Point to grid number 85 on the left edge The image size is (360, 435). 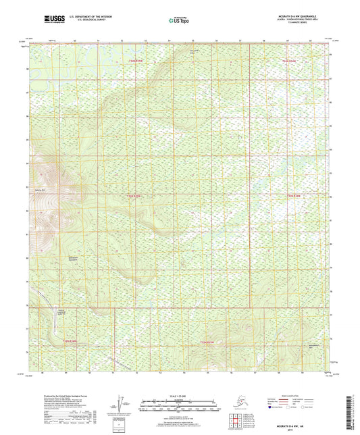(28, 140)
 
